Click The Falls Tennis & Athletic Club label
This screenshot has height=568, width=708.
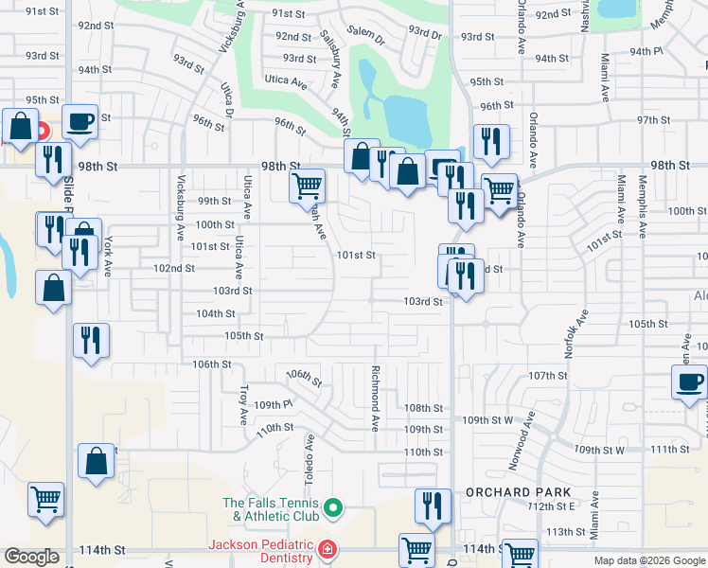tap(268, 509)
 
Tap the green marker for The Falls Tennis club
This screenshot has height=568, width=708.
tap(332, 509)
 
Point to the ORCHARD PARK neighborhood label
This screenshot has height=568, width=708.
tap(518, 492)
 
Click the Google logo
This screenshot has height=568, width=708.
tap(31, 557)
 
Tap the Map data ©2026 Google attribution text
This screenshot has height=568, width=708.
tap(650, 560)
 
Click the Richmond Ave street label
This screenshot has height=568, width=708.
tap(376, 395)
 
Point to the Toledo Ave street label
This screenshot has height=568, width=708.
tap(310, 454)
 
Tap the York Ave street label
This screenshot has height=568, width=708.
tap(109, 255)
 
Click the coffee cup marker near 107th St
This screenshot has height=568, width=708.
tap(688, 382)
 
